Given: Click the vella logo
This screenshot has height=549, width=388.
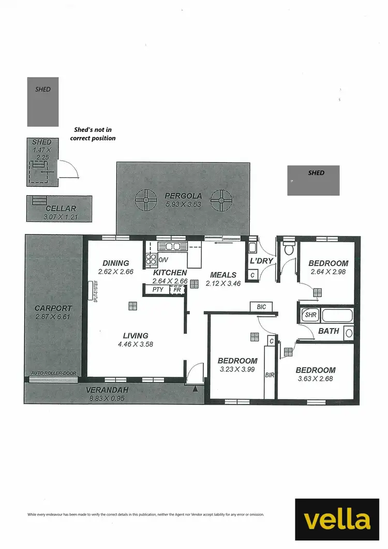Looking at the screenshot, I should [337, 520].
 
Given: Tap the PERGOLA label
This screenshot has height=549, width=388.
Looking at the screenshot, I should [183, 196].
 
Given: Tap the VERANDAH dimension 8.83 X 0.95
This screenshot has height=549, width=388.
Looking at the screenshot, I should [105, 398].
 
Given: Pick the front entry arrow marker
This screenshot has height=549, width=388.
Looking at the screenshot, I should [195, 388].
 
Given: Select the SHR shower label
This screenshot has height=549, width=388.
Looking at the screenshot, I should [310, 315].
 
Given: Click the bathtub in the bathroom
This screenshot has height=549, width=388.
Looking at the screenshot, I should [337, 315].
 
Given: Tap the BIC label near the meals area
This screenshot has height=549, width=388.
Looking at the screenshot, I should [261, 307].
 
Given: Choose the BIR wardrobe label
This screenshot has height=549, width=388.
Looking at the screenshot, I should [269, 375].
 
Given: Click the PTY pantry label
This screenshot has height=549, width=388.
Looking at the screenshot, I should [158, 290].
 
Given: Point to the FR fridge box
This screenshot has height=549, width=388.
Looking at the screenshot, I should [177, 290].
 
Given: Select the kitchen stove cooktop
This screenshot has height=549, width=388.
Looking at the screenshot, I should [151, 259].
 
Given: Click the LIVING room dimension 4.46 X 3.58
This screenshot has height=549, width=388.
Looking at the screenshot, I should [136, 344].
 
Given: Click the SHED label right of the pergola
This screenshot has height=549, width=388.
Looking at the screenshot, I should [316, 173].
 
